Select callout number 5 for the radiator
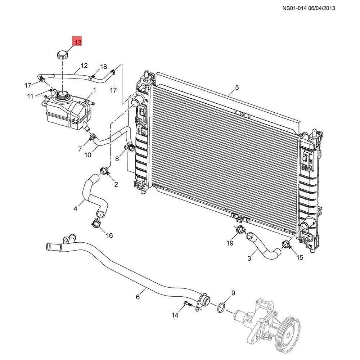(237, 87)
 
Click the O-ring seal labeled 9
(221, 307)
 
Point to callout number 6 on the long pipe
(138, 297)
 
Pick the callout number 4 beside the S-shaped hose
(76, 208)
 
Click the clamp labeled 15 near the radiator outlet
(287, 246)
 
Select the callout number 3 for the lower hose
(249, 258)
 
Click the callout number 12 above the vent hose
(84, 66)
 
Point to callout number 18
(103, 67)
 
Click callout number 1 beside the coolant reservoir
(94, 90)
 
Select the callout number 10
(87, 155)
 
